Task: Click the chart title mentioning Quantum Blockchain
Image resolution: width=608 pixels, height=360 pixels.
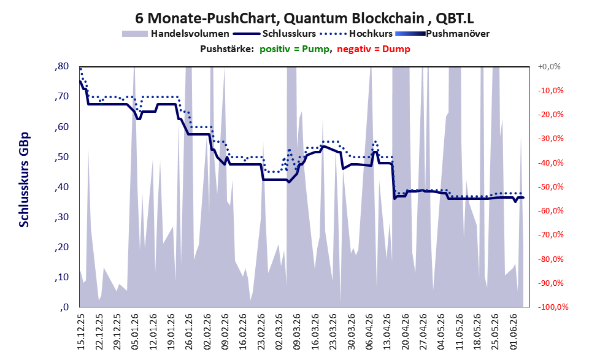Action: [304, 18]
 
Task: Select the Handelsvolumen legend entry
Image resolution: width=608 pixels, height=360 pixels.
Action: [175, 34]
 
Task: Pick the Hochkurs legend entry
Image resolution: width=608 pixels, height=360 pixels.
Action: [356, 34]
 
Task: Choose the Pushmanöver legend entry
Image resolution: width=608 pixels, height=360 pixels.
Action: [442, 34]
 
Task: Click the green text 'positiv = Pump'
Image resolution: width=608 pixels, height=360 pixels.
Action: [295, 49]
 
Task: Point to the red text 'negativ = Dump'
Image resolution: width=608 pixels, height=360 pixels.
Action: [374, 49]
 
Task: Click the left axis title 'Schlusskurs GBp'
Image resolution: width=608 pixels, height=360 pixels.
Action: [24, 180]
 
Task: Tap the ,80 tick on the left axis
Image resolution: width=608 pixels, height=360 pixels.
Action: [61, 66]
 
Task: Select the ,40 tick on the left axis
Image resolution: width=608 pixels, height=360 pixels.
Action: [61, 187]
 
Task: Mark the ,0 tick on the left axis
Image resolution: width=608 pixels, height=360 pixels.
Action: [64, 307]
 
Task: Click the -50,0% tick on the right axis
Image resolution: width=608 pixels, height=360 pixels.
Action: [550, 187]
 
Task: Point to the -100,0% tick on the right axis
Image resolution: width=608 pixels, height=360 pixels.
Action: [553, 307]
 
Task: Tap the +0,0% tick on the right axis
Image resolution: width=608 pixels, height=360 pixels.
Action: [549, 67]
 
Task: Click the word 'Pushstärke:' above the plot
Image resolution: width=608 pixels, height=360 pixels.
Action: [227, 49]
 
